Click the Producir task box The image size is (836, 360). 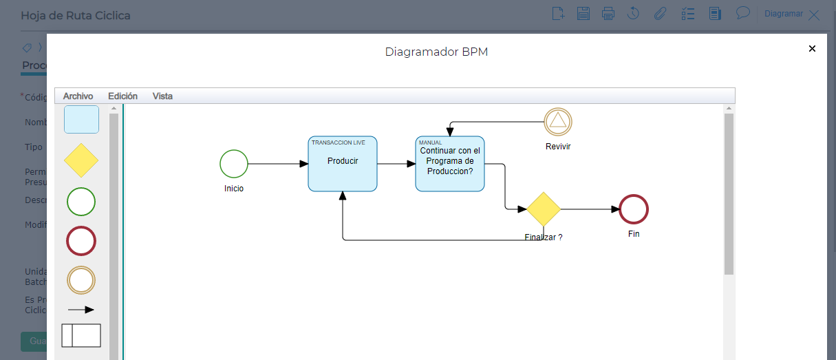(343, 164)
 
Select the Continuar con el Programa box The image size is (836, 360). (450, 164)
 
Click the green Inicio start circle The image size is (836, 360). (234, 164)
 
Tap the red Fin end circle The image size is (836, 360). (634, 209)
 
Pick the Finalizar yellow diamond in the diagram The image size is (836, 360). (544, 209)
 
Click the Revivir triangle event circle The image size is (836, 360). (558, 122)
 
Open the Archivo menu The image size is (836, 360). (78, 96)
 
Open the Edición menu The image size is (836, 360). (122, 96)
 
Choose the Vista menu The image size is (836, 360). (162, 96)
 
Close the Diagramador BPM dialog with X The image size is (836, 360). (812, 49)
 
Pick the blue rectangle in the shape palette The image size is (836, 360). (81, 119)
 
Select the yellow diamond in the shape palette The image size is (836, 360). (81, 160)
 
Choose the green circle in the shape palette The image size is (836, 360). (81, 202)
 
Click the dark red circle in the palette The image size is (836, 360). (81, 241)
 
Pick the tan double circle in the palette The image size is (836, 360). (81, 280)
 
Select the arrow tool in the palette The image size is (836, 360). (81, 310)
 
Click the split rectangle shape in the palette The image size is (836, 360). (81, 335)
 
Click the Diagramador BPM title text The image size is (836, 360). (436, 52)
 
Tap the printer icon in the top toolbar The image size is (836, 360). (608, 13)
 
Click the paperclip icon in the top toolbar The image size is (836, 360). (660, 13)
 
